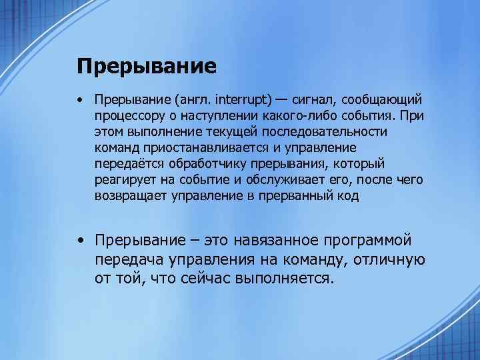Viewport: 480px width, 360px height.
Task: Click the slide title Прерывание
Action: coord(146,66)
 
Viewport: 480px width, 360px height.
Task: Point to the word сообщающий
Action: coord(383,100)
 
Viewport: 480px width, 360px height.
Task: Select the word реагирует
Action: coord(123,180)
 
